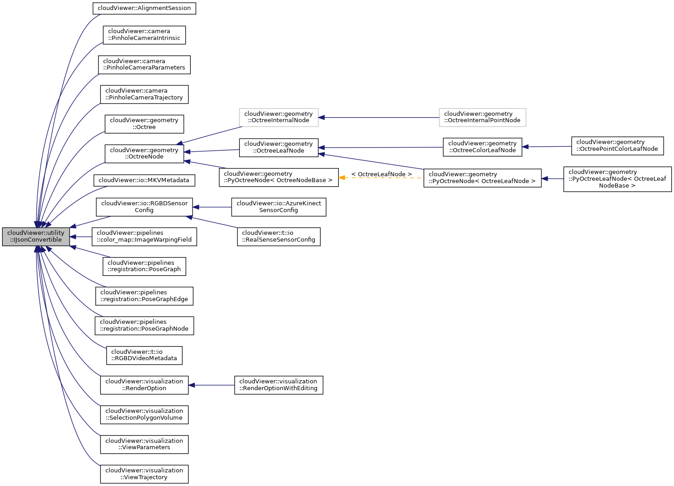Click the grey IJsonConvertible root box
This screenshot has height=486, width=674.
pyautogui.click(x=36, y=237)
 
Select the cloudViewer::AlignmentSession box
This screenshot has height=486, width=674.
pyautogui.click(x=144, y=8)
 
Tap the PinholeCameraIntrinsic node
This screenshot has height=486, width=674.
pyautogui.click(x=144, y=35)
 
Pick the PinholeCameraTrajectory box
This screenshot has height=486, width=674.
pyautogui.click(x=144, y=94)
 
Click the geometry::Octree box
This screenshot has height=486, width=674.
pyautogui.click(x=144, y=124)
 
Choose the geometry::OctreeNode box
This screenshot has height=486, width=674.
pyautogui.click(x=144, y=154)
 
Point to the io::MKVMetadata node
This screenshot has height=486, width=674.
pyautogui.click(x=144, y=180)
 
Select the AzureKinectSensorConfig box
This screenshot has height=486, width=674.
pyautogui.click(x=278, y=207)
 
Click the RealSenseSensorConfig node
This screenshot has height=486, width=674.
pyautogui.click(x=278, y=237)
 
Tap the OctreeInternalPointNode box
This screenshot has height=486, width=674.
pyautogui.click(x=482, y=117)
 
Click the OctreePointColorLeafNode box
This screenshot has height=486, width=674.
pyautogui.click(x=617, y=146)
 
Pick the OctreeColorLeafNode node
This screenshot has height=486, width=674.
pyautogui.click(x=482, y=147)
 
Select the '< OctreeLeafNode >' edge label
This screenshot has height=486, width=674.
pyautogui.click(x=381, y=174)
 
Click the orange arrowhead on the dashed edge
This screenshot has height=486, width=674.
pyautogui.click(x=342, y=178)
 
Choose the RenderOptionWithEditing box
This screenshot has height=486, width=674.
pyautogui.click(x=278, y=385)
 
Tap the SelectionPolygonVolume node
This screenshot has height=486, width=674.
pyautogui.click(x=144, y=415)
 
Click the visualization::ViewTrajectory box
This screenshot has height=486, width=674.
pyautogui.click(x=144, y=474)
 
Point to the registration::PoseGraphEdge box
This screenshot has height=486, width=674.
pyautogui.click(x=144, y=296)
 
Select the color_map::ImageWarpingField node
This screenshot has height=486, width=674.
pyautogui.click(x=144, y=237)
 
